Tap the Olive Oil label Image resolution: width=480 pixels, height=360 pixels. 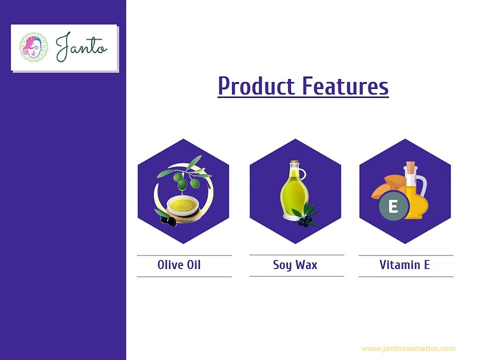click(x=179, y=265)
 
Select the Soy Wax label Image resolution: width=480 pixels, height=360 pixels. click(x=295, y=265)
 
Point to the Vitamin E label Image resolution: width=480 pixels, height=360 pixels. click(x=404, y=265)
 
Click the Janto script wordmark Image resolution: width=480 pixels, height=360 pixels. click(x=81, y=47)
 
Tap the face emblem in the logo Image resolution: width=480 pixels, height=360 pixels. click(x=33, y=47)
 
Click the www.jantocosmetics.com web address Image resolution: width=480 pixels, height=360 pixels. click(x=408, y=348)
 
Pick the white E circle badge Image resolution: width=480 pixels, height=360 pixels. click(x=393, y=206)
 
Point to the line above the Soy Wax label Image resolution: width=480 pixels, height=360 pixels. click(x=296, y=254)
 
